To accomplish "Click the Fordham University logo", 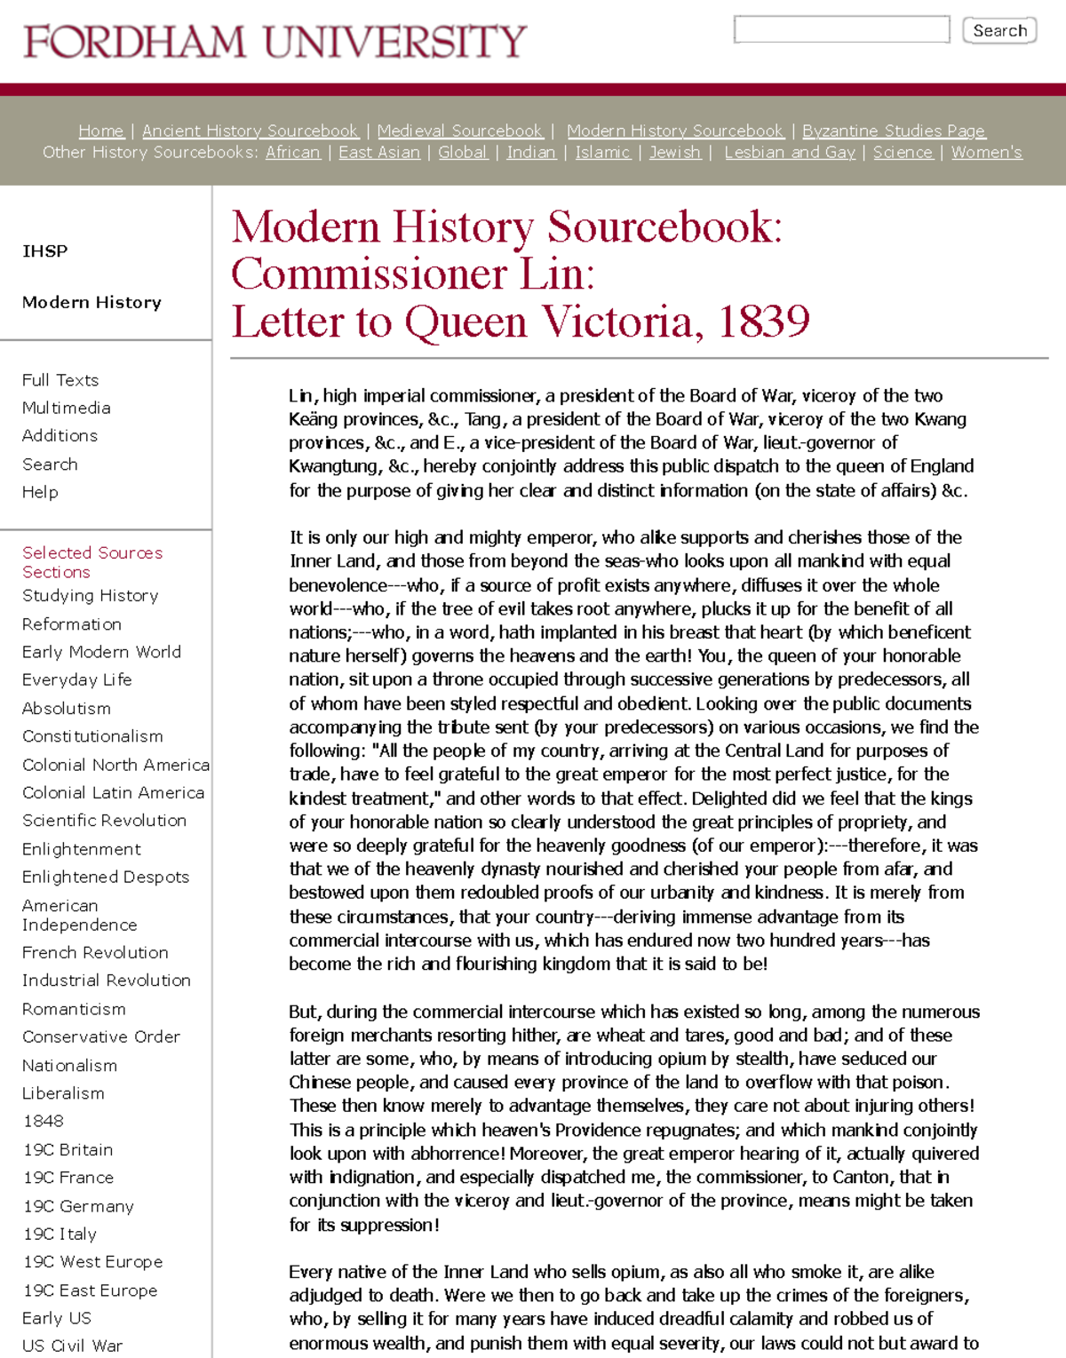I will pyautogui.click(x=275, y=42).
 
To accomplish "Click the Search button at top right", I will pyautogui.click(x=999, y=30).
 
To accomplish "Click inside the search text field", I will pyautogui.click(x=841, y=29).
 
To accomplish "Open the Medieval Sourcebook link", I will pyautogui.click(x=459, y=131).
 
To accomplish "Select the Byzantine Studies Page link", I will pyautogui.click(x=894, y=131).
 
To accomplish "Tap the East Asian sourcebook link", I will pyautogui.click(x=379, y=152).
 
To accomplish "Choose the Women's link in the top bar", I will pyautogui.click(x=986, y=152).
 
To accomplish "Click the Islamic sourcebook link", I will pyautogui.click(x=603, y=152).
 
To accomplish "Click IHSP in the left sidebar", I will pyautogui.click(x=45, y=251).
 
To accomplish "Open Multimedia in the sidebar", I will pyautogui.click(x=67, y=408).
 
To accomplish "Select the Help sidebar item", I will pyautogui.click(x=40, y=492).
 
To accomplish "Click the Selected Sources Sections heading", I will pyautogui.click(x=92, y=562).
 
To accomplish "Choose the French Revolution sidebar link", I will pyautogui.click(x=95, y=952).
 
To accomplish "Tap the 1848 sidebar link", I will pyautogui.click(x=44, y=1121).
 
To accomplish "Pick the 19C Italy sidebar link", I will pyautogui.click(x=60, y=1234).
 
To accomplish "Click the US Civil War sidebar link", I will pyautogui.click(x=73, y=1346).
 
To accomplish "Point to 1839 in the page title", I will pyautogui.click(x=763, y=322).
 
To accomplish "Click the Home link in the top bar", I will pyautogui.click(x=101, y=131).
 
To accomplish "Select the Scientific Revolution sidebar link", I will pyautogui.click(x=105, y=820).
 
